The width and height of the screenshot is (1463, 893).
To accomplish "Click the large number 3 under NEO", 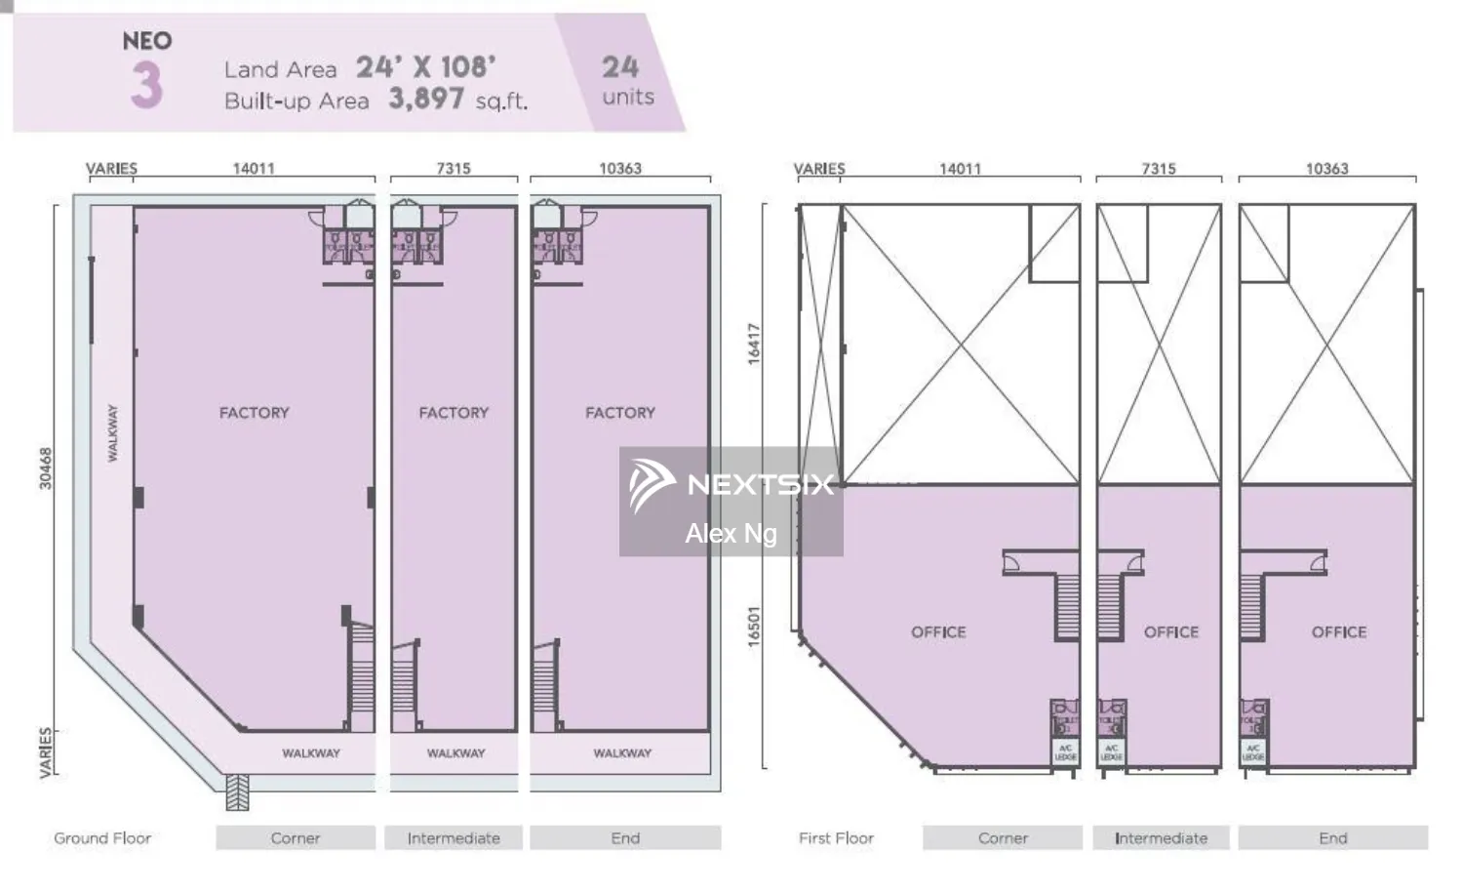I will [x=146, y=85].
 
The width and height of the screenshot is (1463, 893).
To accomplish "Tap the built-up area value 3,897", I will [x=426, y=99].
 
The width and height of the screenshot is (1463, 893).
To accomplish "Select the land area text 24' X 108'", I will [x=425, y=66].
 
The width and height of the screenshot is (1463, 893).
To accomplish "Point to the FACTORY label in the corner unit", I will [x=254, y=413].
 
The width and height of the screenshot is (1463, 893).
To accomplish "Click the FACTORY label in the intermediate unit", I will [x=454, y=413].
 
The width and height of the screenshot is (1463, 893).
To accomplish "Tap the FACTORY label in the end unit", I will [x=620, y=413].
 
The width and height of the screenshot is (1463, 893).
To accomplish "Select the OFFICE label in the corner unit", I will [x=938, y=632].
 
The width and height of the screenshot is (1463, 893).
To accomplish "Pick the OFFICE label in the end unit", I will [x=1338, y=632].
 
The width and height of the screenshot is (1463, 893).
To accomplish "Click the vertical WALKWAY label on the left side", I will [x=112, y=432].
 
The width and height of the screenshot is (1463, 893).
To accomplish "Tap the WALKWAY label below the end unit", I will [x=622, y=753].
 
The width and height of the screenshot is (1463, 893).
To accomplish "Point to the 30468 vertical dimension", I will [x=46, y=468].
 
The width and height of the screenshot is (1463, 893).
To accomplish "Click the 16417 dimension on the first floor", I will [x=754, y=345].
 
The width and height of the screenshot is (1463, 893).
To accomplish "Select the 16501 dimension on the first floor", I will [x=754, y=626].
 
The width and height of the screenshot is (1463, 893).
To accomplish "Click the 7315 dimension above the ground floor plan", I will [x=454, y=168].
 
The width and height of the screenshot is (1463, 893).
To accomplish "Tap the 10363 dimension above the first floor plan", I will [x=1326, y=168].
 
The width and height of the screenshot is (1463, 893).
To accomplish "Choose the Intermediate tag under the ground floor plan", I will [x=454, y=838].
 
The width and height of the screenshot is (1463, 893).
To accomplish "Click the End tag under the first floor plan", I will [x=1332, y=838].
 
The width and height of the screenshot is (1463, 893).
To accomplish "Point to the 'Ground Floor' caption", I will [x=102, y=838].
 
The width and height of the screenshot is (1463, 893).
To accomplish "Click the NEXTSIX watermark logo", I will [x=731, y=485].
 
